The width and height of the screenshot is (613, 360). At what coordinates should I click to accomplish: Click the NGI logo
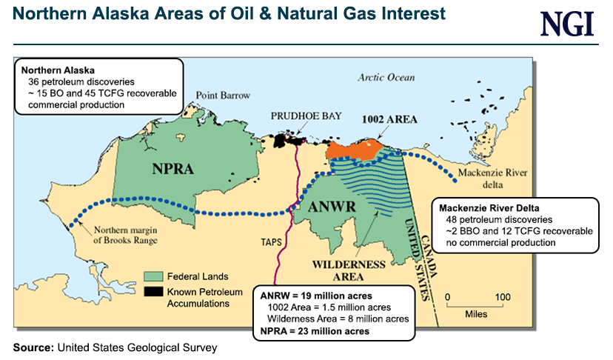(567, 24)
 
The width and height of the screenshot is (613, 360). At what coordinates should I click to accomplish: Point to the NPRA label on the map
(174, 168)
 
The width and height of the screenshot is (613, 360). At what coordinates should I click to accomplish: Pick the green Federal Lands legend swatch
(154, 276)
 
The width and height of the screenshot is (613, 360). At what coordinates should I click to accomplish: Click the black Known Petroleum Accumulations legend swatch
(154, 290)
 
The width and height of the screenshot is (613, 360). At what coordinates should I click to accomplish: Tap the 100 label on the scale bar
(503, 297)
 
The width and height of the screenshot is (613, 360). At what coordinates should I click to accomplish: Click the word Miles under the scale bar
(476, 313)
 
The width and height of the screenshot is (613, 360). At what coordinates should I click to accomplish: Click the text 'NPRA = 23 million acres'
(315, 330)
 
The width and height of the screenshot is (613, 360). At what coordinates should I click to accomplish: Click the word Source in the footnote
(32, 347)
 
